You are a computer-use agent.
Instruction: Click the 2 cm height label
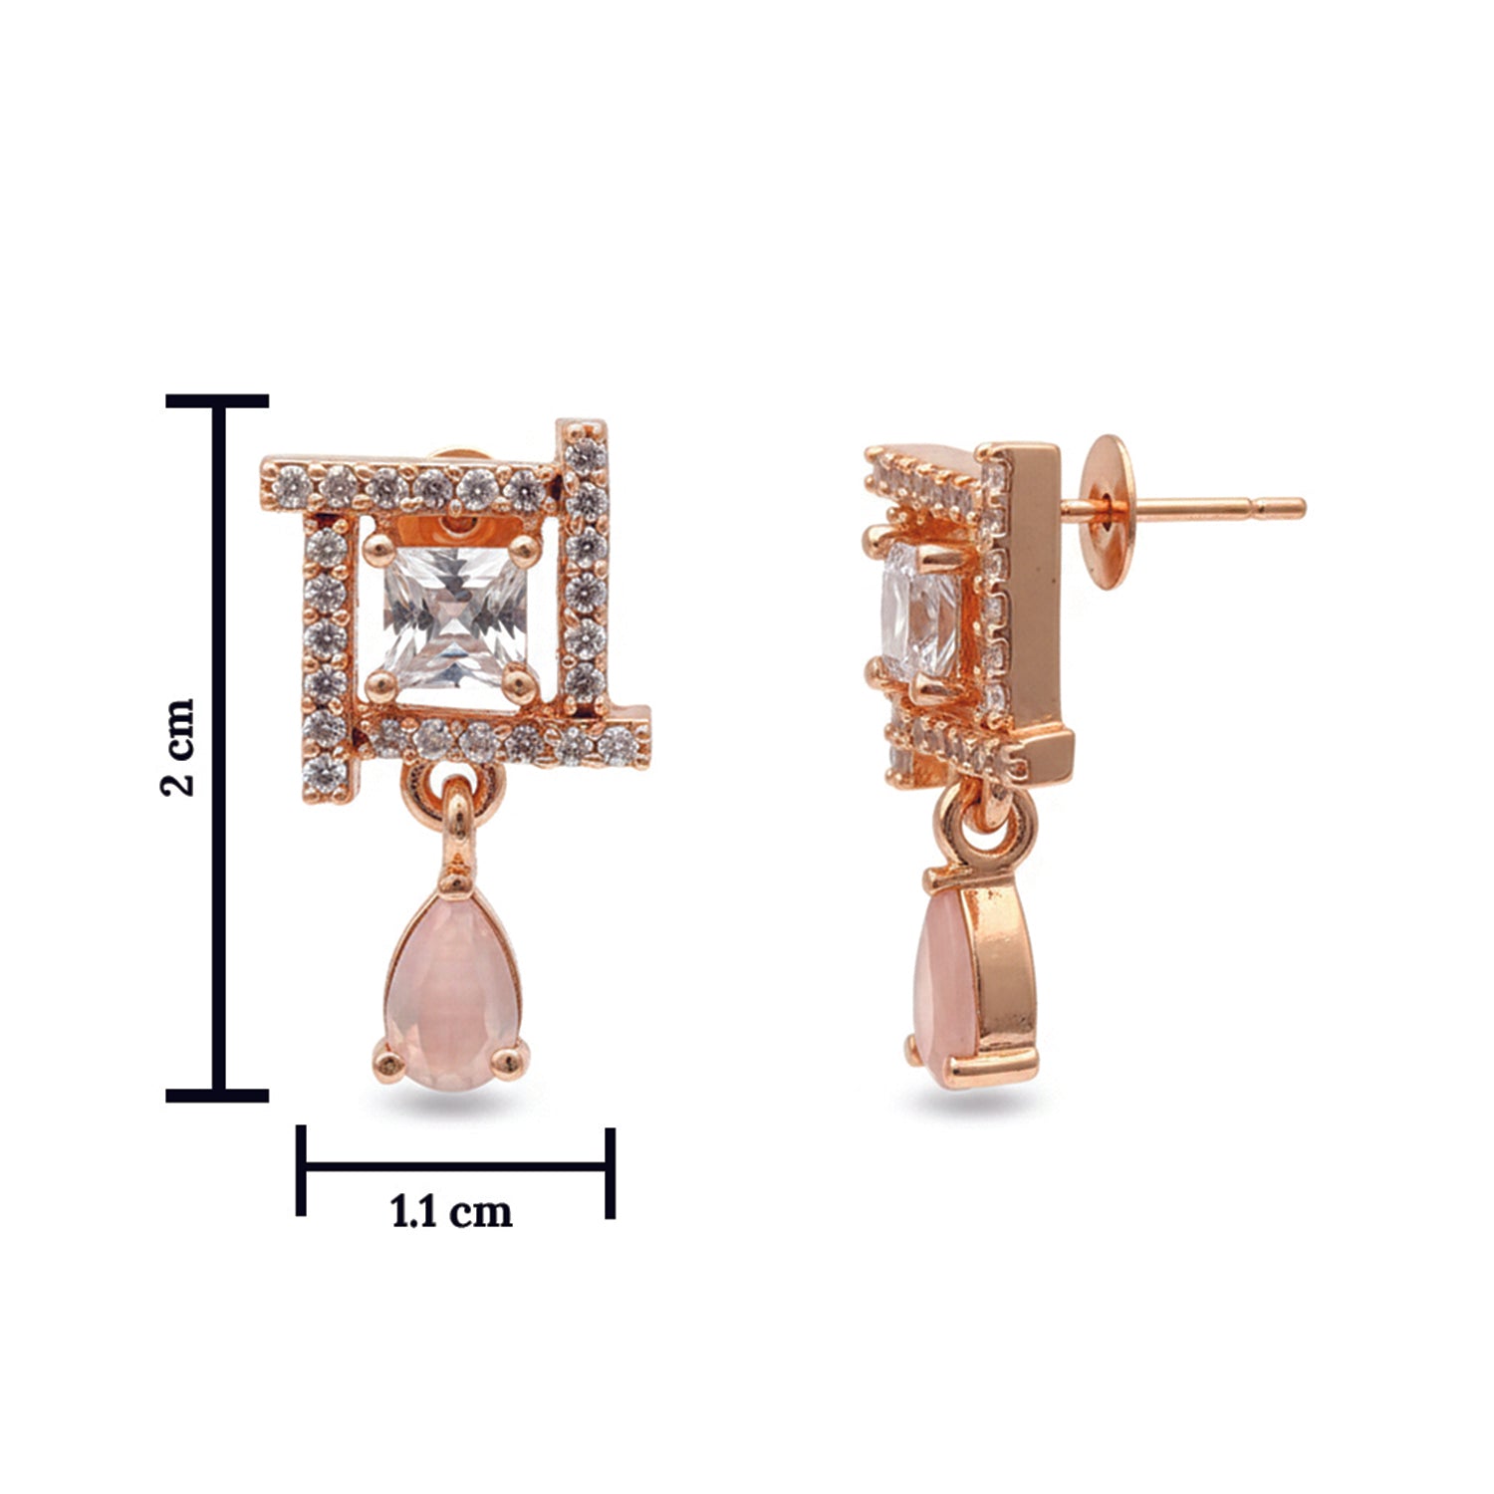coord(178,746)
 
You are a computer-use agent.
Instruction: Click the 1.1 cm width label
coord(451,1212)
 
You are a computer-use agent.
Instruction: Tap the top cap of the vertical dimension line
coord(217,401)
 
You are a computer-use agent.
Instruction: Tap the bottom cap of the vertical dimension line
coord(217,1096)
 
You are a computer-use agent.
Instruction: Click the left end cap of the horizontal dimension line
coord(301,1171)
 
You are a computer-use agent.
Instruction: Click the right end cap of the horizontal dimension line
coord(610,1171)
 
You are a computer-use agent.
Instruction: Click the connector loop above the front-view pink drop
coord(455,817)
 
